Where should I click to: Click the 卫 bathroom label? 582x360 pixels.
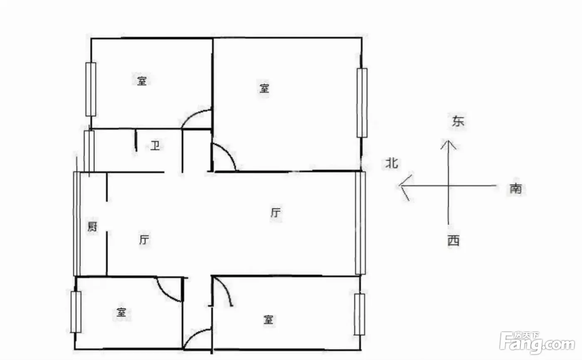pos(155,146)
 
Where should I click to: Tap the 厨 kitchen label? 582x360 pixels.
pos(92,227)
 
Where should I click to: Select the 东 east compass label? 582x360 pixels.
pos(458,121)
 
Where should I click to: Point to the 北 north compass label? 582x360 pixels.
pos(392,163)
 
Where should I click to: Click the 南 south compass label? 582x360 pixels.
pos(516,189)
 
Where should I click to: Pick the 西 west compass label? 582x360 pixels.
pos(454,241)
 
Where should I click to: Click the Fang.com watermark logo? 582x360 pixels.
pos(537,343)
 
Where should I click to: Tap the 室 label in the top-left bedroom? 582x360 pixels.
pos(142,81)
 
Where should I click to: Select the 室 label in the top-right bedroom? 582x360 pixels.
pos(264,88)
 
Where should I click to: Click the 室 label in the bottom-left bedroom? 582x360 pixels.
pos(121,312)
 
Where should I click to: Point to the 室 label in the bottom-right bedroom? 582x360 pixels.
pos(269,320)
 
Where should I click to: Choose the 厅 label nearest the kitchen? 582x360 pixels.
pos(144,239)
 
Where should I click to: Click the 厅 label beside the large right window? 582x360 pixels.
pos(276,213)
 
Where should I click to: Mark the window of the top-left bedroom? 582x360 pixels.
pos(91,89)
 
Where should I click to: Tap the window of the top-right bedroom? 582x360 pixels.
pos(362,103)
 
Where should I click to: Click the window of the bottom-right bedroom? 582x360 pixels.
pos(359,314)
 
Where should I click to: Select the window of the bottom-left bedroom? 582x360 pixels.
pos(76,312)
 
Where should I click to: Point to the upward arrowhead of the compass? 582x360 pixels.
pos(448,144)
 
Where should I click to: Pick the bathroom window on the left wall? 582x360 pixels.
pos(89,151)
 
